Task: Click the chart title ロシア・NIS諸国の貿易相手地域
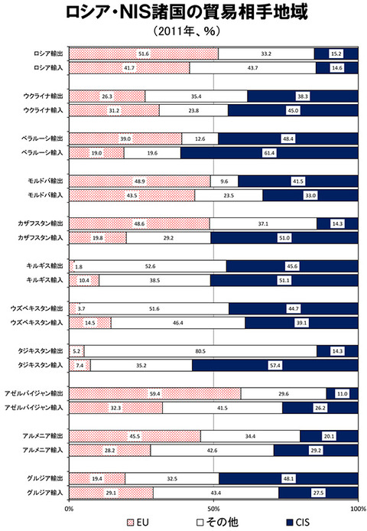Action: [x=187, y=12]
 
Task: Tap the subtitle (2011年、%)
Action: [x=187, y=31]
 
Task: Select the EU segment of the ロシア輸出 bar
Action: [x=144, y=54]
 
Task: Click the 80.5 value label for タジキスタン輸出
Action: [x=200, y=351]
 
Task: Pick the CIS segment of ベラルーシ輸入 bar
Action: [x=269, y=153]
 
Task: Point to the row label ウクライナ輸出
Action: [x=43, y=96]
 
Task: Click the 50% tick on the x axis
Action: [x=213, y=509]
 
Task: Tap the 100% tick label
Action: [x=358, y=509]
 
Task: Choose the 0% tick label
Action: [x=69, y=509]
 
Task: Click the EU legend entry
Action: [x=138, y=523]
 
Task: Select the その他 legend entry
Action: [x=218, y=523]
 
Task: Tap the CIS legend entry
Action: [x=298, y=523]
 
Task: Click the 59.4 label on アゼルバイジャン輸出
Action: [x=154, y=394]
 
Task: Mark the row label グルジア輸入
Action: [x=45, y=493]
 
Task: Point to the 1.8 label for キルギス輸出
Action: [x=79, y=266]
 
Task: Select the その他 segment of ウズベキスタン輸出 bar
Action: [x=154, y=308]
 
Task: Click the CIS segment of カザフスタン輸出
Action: [x=337, y=223]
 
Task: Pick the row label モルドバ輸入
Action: [x=45, y=195]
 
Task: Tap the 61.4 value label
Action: [x=269, y=153]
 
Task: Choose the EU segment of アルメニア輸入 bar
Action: [x=110, y=450]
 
